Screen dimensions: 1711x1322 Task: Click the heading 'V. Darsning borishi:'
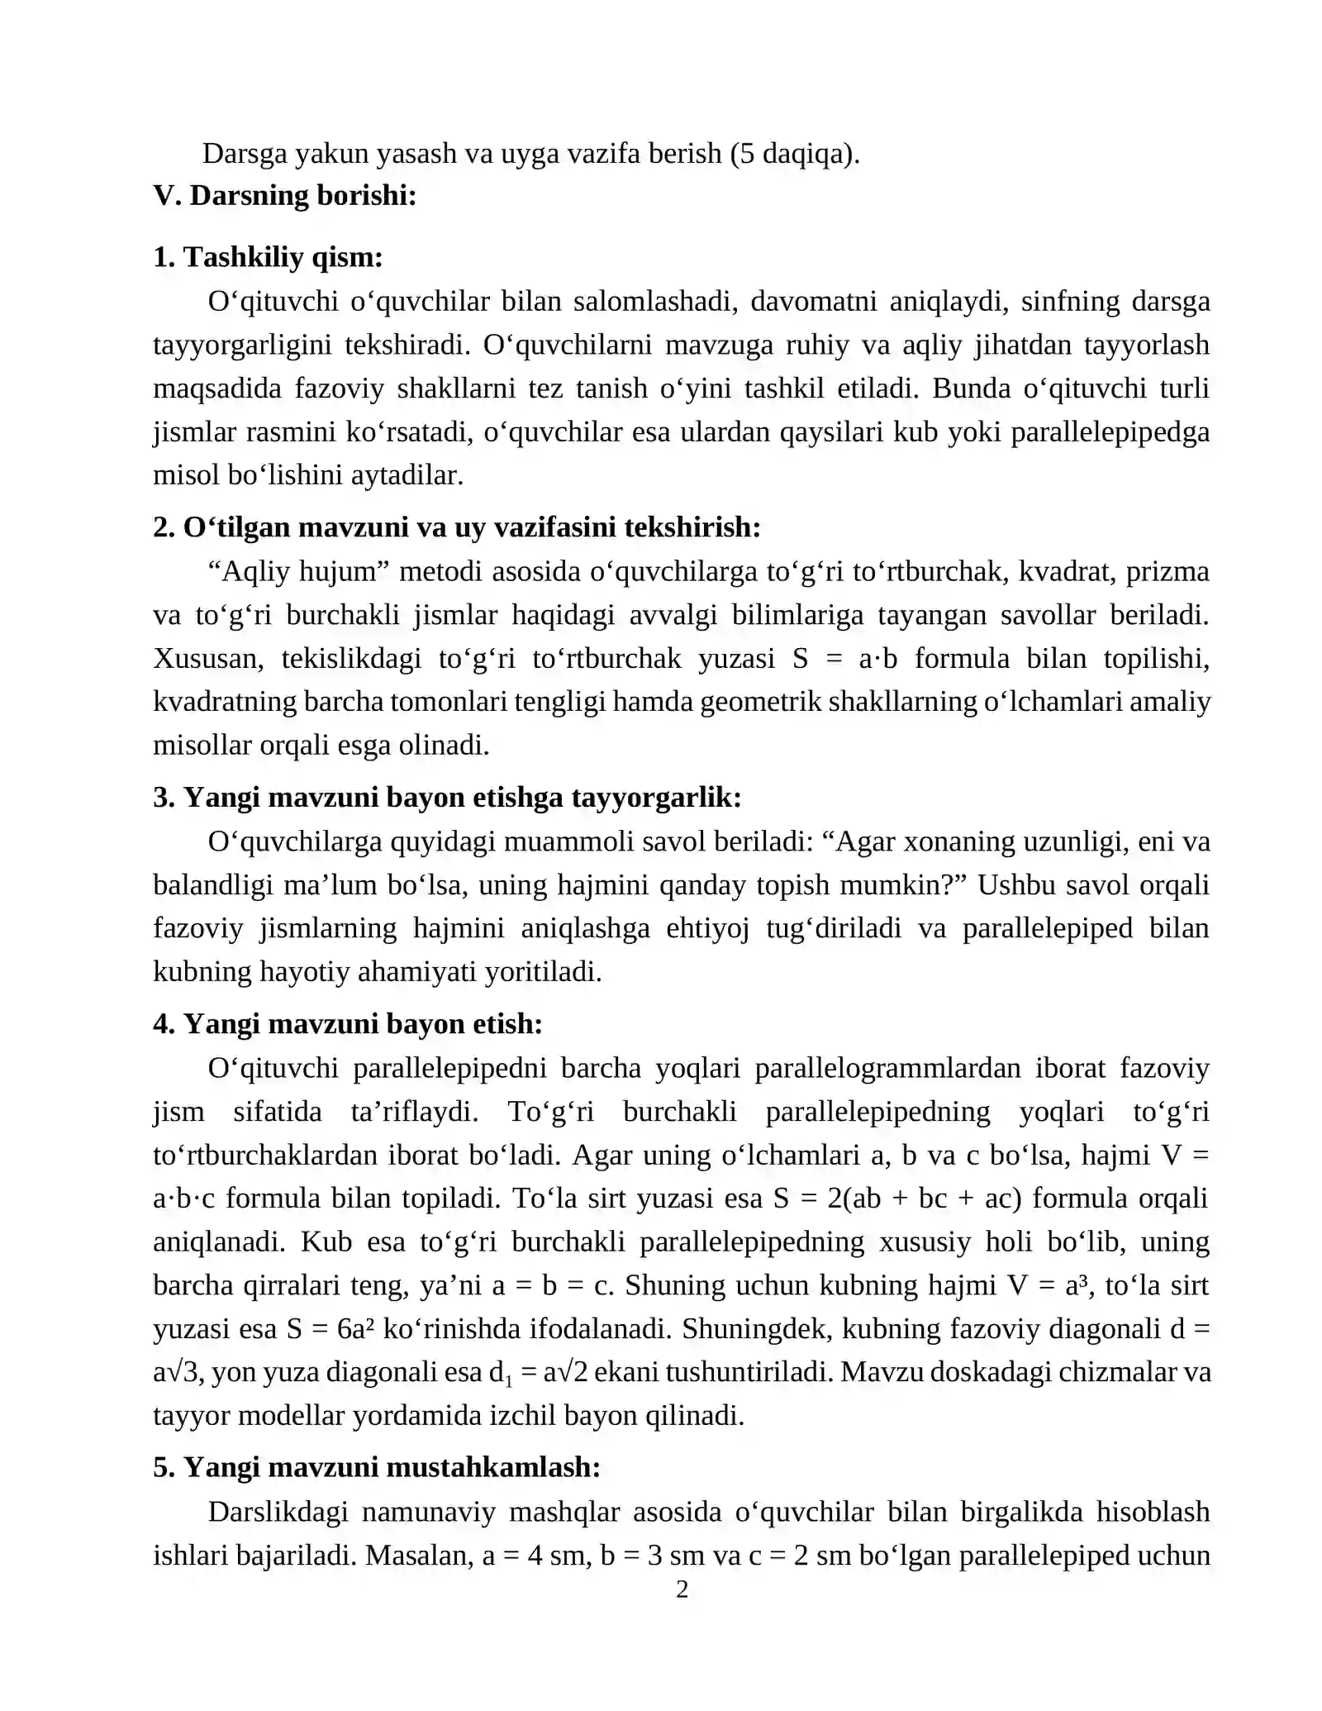(x=284, y=196)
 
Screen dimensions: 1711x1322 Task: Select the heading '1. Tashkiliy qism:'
(x=268, y=257)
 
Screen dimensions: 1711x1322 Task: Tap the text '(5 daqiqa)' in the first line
(x=794, y=153)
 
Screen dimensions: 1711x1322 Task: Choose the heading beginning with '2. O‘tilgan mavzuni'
(x=456, y=527)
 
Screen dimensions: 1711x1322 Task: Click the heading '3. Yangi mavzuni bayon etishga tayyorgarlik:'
(x=447, y=797)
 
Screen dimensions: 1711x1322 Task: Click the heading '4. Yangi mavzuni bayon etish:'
(x=348, y=1023)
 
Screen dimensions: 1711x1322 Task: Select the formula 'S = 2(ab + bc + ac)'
(x=897, y=1198)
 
